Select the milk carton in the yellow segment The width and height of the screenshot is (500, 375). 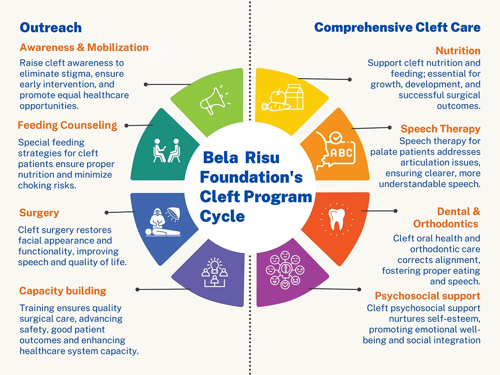click(295, 96)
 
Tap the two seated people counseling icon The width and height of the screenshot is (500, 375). click(167, 150)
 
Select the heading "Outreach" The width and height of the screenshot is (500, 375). click(50, 28)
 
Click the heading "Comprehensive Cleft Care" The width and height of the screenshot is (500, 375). click(397, 28)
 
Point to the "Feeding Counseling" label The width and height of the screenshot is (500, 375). click(67, 125)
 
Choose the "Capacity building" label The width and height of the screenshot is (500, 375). click(62, 291)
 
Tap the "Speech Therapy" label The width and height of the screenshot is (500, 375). click(440, 129)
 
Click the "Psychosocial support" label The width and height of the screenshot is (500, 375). click(427, 296)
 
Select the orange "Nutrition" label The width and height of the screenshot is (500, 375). click(458, 51)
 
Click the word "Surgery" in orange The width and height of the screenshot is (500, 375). click(39, 213)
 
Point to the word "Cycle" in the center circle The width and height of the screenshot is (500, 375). click(222, 216)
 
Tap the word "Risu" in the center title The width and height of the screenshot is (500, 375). click(262, 158)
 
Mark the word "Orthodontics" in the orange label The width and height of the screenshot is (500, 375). click(445, 224)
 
